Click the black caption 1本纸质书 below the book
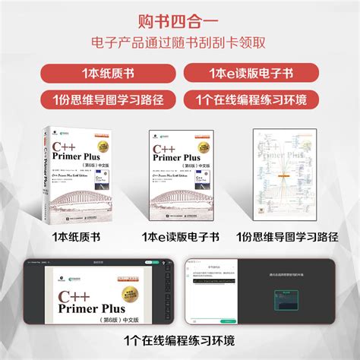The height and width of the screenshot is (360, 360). click(x=76, y=236)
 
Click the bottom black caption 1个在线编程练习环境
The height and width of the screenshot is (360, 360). click(x=180, y=339)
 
